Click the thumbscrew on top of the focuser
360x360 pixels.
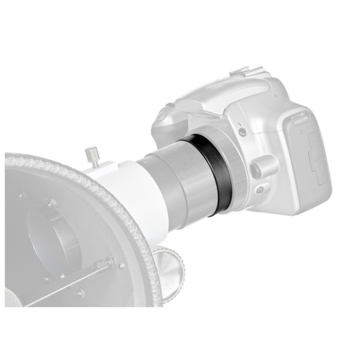[92, 154]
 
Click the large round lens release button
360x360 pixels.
[264, 166]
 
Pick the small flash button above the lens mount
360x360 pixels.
[242, 131]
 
